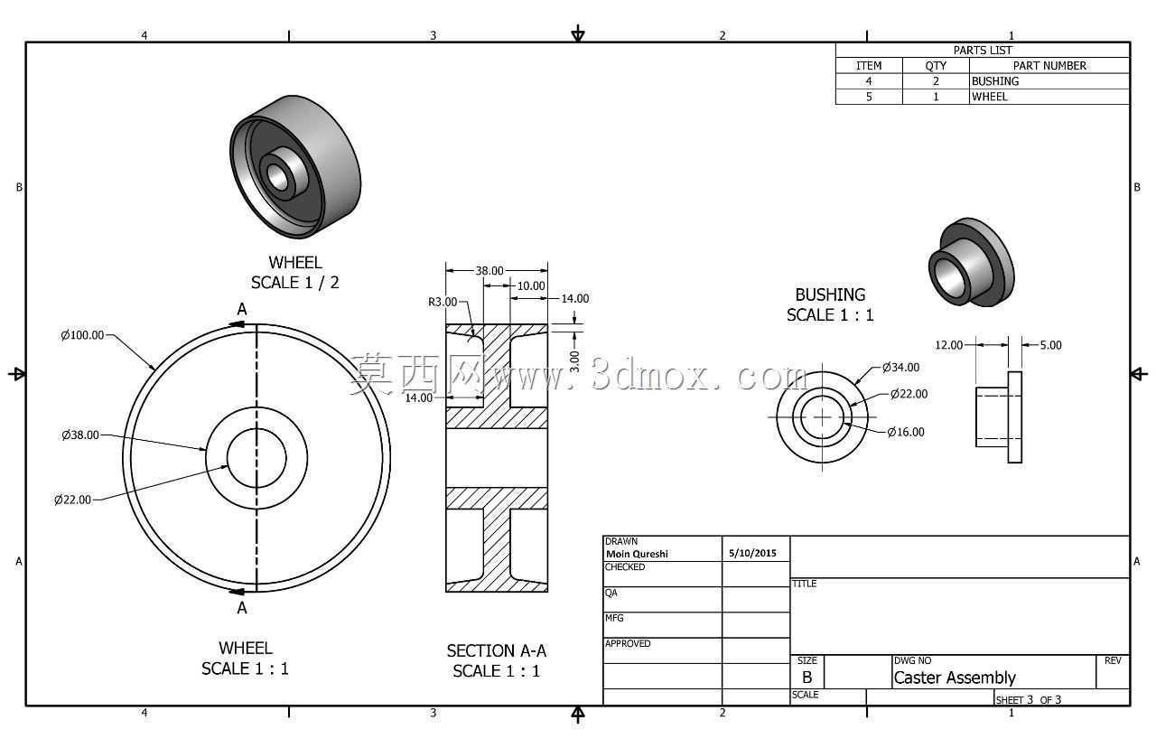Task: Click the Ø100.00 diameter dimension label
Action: click(82, 335)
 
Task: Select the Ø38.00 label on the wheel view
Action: click(80, 435)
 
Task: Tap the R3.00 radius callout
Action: click(443, 302)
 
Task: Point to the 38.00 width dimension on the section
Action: click(489, 270)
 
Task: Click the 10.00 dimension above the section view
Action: click(531, 285)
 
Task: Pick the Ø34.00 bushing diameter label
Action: click(901, 367)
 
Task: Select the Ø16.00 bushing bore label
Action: click(906, 432)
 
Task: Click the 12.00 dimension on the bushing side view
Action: click(948, 345)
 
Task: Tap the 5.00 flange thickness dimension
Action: click(1050, 345)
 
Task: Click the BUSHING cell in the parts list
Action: click(995, 81)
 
